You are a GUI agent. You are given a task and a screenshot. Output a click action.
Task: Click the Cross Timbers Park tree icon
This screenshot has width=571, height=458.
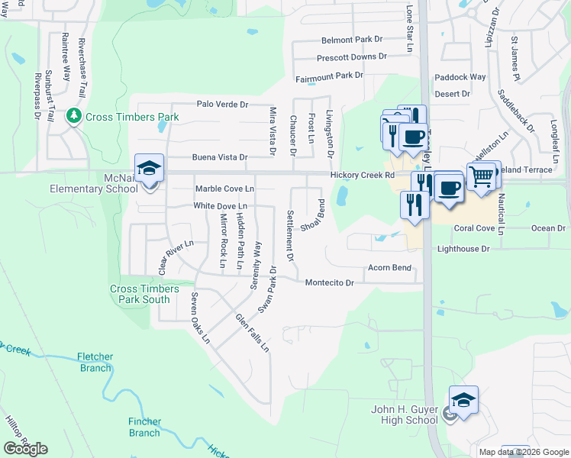74,116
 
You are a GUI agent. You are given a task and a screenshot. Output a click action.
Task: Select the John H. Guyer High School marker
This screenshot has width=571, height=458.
463,401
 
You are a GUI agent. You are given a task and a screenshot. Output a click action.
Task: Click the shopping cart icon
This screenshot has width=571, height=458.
481,177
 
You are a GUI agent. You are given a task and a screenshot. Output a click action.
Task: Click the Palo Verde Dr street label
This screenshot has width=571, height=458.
223,104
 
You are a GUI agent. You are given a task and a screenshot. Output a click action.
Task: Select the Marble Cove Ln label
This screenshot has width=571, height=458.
224,189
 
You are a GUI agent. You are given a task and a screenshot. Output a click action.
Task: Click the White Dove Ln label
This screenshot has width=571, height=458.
221,206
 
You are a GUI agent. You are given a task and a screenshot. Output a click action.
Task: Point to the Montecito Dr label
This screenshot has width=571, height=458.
330,282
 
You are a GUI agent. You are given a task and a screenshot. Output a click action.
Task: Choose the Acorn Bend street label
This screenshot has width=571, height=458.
389,268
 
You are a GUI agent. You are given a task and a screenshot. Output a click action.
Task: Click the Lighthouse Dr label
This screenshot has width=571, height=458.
463,249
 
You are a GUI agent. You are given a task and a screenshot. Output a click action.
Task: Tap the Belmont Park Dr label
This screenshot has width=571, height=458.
351,40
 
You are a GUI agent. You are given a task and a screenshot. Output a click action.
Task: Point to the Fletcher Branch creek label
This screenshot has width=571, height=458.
95,362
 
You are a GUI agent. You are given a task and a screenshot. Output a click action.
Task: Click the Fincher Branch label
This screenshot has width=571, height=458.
144,427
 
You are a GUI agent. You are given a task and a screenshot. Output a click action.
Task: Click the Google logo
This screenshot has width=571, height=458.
26,448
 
